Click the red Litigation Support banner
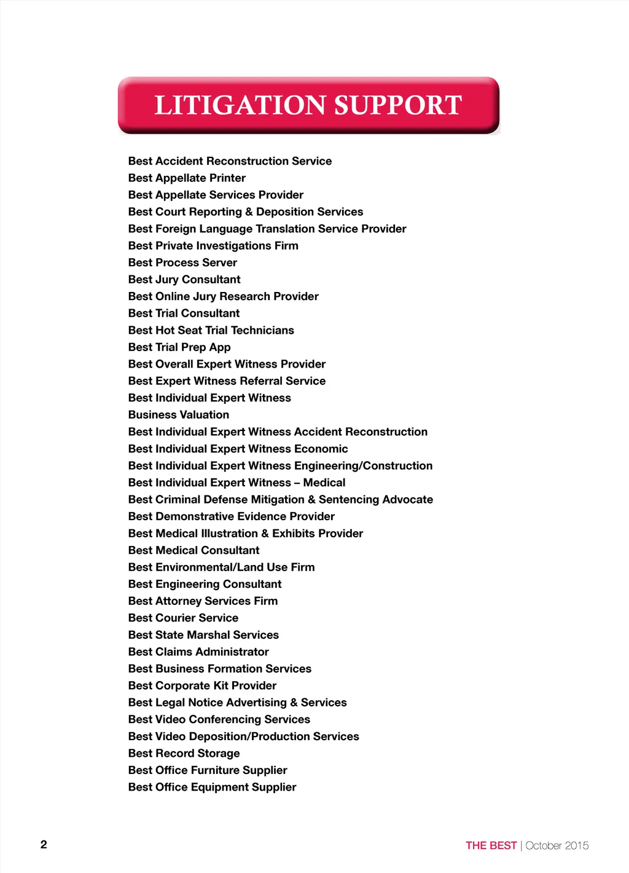coord(308,105)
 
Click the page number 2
coord(44,844)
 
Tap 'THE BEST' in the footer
coord(491,845)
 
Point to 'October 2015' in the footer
coord(557,845)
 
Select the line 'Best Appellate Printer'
coord(187,178)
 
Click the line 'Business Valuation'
coord(179,414)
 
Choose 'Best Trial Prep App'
coord(179,347)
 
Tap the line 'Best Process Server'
coord(182,263)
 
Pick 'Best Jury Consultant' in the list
coord(184,279)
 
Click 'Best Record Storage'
coord(184,753)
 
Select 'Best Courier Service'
coord(183,618)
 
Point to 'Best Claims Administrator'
coord(198,652)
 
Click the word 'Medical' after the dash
coord(324,483)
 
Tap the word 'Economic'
coord(321,449)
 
